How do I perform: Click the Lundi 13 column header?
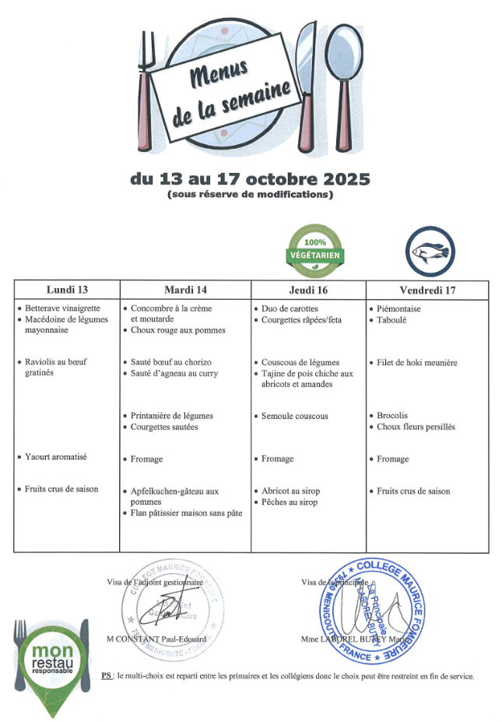(x=67, y=291)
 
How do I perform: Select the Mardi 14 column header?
(x=185, y=291)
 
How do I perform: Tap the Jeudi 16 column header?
(x=307, y=291)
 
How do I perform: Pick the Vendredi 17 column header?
(x=427, y=291)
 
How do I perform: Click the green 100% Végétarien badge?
(x=315, y=250)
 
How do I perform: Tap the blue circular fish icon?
(x=430, y=252)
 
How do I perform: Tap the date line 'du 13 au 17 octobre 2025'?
(x=250, y=178)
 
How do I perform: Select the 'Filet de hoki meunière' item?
(x=416, y=362)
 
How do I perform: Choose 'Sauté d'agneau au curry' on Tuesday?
(x=174, y=373)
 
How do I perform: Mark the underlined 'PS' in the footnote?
(x=107, y=675)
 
